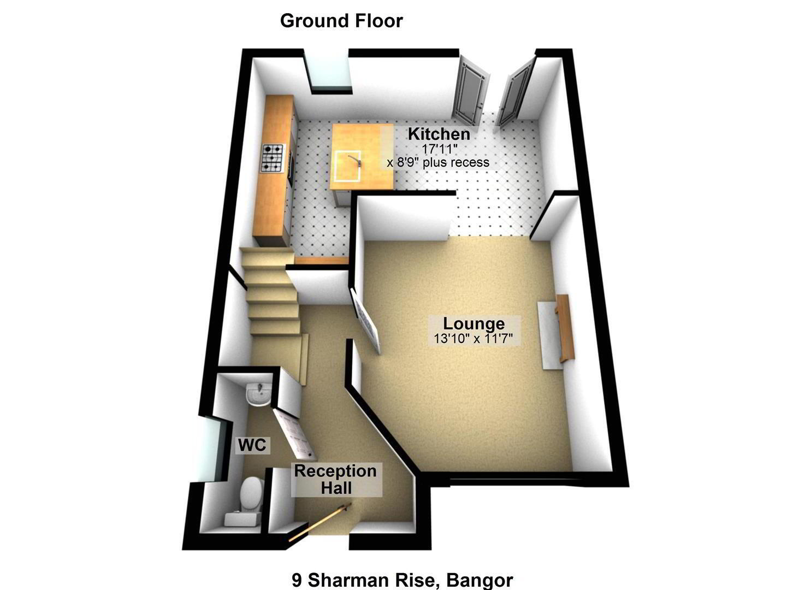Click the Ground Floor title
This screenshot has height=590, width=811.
click(x=341, y=21)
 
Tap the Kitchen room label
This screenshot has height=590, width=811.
click(x=439, y=134)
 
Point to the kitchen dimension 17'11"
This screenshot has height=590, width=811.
click(x=440, y=149)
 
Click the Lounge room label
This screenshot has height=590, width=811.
click(x=473, y=323)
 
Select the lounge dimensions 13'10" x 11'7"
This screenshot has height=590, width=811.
click(x=473, y=339)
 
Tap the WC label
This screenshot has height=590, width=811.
click(x=252, y=444)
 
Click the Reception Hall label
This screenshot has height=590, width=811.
click(x=336, y=479)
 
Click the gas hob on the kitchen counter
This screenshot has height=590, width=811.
click(x=273, y=158)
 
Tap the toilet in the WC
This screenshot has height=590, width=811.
click(x=248, y=501)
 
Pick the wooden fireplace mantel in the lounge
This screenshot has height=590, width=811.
click(x=565, y=328)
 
